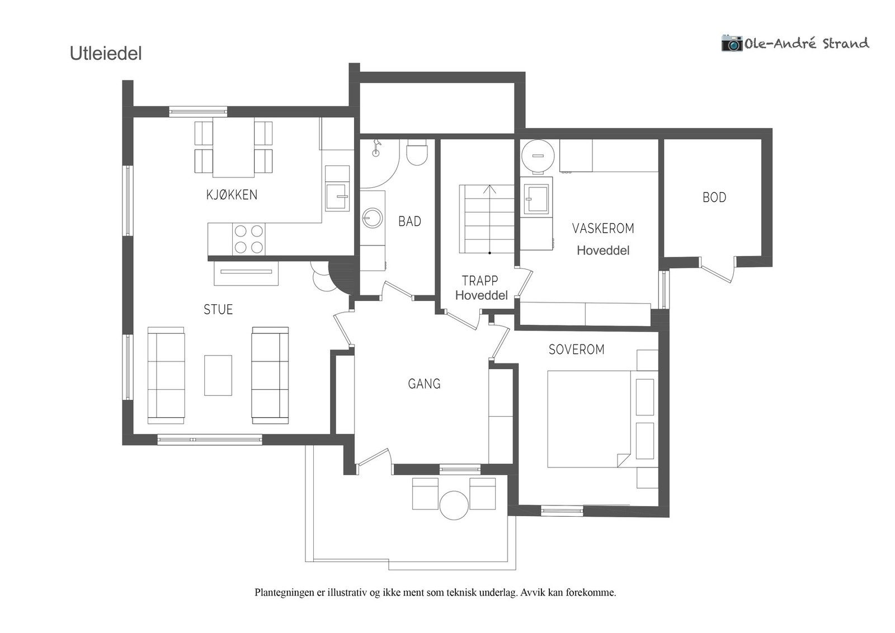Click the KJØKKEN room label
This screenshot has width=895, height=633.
(x=232, y=195)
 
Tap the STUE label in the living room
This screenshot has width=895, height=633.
(x=218, y=310)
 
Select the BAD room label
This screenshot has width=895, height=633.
(x=409, y=221)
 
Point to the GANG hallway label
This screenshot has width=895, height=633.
(x=425, y=384)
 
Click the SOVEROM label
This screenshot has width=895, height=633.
(x=577, y=349)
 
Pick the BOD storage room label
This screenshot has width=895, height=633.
(x=714, y=197)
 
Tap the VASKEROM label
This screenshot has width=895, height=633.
(x=603, y=229)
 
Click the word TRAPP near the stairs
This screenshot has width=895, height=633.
(x=480, y=281)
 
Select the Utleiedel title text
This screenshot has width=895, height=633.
(x=106, y=54)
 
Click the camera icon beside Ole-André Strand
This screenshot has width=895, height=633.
(x=732, y=43)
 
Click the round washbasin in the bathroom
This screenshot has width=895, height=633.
(x=373, y=218)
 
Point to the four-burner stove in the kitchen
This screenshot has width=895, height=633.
(x=248, y=239)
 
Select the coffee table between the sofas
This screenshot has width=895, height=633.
(x=218, y=375)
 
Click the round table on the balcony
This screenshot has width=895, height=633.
(x=454, y=505)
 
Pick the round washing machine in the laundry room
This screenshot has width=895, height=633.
(x=538, y=156)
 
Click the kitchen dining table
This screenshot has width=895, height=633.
(x=233, y=148)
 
